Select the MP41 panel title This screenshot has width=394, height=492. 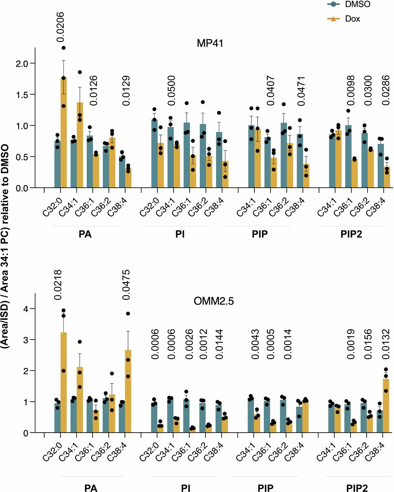(210, 43)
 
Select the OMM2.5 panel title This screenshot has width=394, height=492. (214, 301)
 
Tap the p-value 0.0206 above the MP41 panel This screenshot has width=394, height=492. (60, 27)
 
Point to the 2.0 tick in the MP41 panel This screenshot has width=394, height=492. (22, 64)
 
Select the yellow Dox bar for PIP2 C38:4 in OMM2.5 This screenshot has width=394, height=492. (386, 405)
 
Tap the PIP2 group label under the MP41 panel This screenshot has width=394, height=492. (351, 234)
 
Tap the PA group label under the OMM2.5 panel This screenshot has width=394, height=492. (91, 488)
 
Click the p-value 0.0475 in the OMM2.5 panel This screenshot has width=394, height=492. (126, 285)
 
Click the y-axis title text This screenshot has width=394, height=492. (5, 246)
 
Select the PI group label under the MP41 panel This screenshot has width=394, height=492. (180, 234)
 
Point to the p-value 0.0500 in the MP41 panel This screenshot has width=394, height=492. (171, 90)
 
